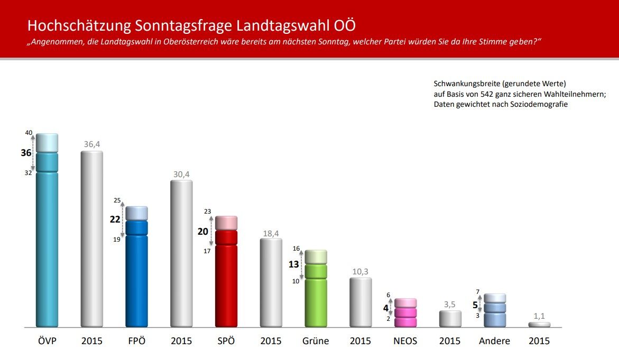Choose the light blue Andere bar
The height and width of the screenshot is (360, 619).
[495, 312]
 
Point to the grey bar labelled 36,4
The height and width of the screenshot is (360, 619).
[91, 241]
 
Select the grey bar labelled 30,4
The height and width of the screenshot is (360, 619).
[181, 254]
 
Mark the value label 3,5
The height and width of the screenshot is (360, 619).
[450, 304]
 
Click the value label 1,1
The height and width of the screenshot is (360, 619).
[539, 316]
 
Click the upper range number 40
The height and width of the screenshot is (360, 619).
[29, 133]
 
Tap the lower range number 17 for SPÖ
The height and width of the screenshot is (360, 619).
[207, 251]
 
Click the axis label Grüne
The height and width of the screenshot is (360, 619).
[316, 341]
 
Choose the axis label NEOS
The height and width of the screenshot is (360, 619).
[405, 341]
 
